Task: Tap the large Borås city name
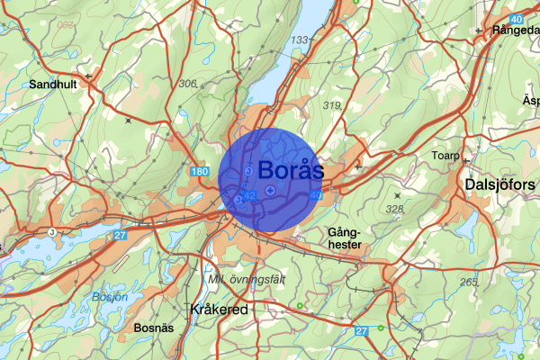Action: [x=290, y=169]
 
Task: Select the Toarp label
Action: [x=445, y=156]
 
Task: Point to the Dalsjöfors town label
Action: [x=499, y=184]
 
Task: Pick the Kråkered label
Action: [x=220, y=309]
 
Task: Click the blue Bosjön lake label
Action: [x=110, y=296]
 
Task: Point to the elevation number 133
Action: [x=299, y=40]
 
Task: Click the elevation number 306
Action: [x=188, y=84]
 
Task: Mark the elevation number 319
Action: [x=332, y=106]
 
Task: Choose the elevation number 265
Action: [x=468, y=283]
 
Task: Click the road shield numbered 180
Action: [x=199, y=171]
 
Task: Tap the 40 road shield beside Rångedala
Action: [x=515, y=19]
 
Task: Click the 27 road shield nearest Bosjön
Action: [x=121, y=235]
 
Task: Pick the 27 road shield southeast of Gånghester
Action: [x=362, y=331]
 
